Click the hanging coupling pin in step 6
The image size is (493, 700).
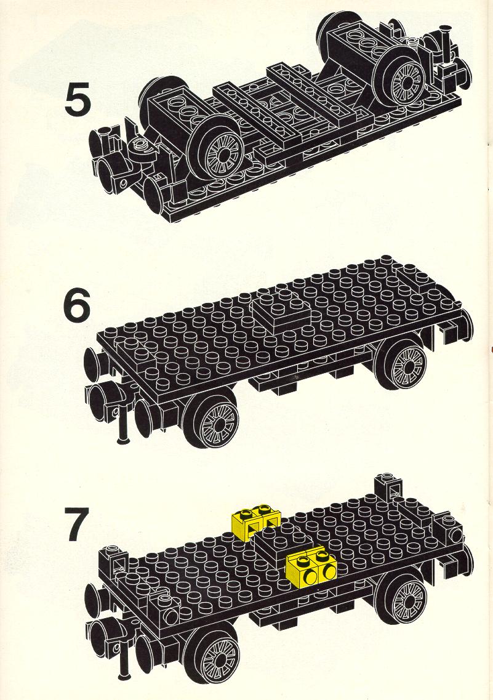122,424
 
